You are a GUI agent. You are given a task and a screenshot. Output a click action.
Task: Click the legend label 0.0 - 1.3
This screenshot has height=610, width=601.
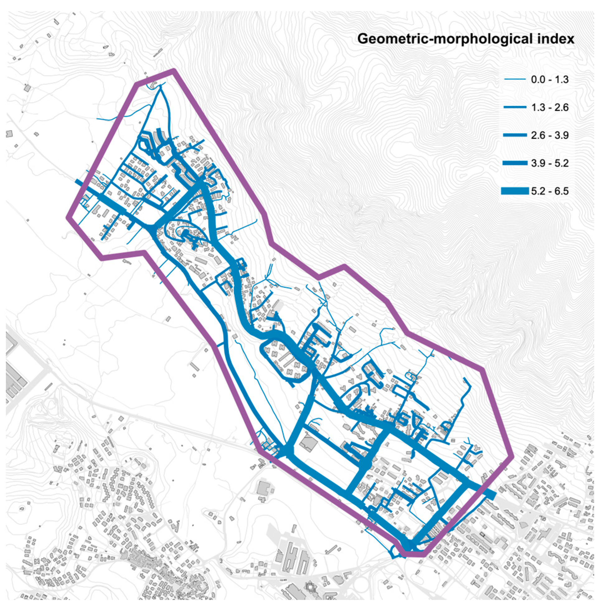click(550, 79)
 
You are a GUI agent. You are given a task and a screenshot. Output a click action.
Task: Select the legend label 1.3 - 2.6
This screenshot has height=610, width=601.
click(550, 108)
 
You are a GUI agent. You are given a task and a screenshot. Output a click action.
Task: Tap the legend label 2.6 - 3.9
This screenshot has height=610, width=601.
click(550, 135)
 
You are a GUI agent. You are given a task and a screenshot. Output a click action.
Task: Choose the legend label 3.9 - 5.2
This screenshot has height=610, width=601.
click(550, 163)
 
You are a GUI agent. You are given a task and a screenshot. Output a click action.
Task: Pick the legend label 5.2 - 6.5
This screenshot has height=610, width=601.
click(550, 191)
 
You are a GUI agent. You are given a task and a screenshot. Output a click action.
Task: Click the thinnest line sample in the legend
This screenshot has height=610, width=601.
click(514, 79)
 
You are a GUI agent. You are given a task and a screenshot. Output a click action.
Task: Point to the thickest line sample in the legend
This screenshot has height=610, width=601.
click(514, 191)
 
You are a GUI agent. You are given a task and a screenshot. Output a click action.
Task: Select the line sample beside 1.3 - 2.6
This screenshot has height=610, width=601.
click(514, 108)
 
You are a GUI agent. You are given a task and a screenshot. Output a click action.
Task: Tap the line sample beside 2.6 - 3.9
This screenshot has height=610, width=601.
click(514, 135)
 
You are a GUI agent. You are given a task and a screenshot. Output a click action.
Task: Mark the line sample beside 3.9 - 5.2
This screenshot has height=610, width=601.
click(514, 163)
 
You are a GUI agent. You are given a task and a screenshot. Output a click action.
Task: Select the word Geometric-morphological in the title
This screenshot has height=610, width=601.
click(440, 40)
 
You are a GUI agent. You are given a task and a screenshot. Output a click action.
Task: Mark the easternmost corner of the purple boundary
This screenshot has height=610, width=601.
click(511, 456)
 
